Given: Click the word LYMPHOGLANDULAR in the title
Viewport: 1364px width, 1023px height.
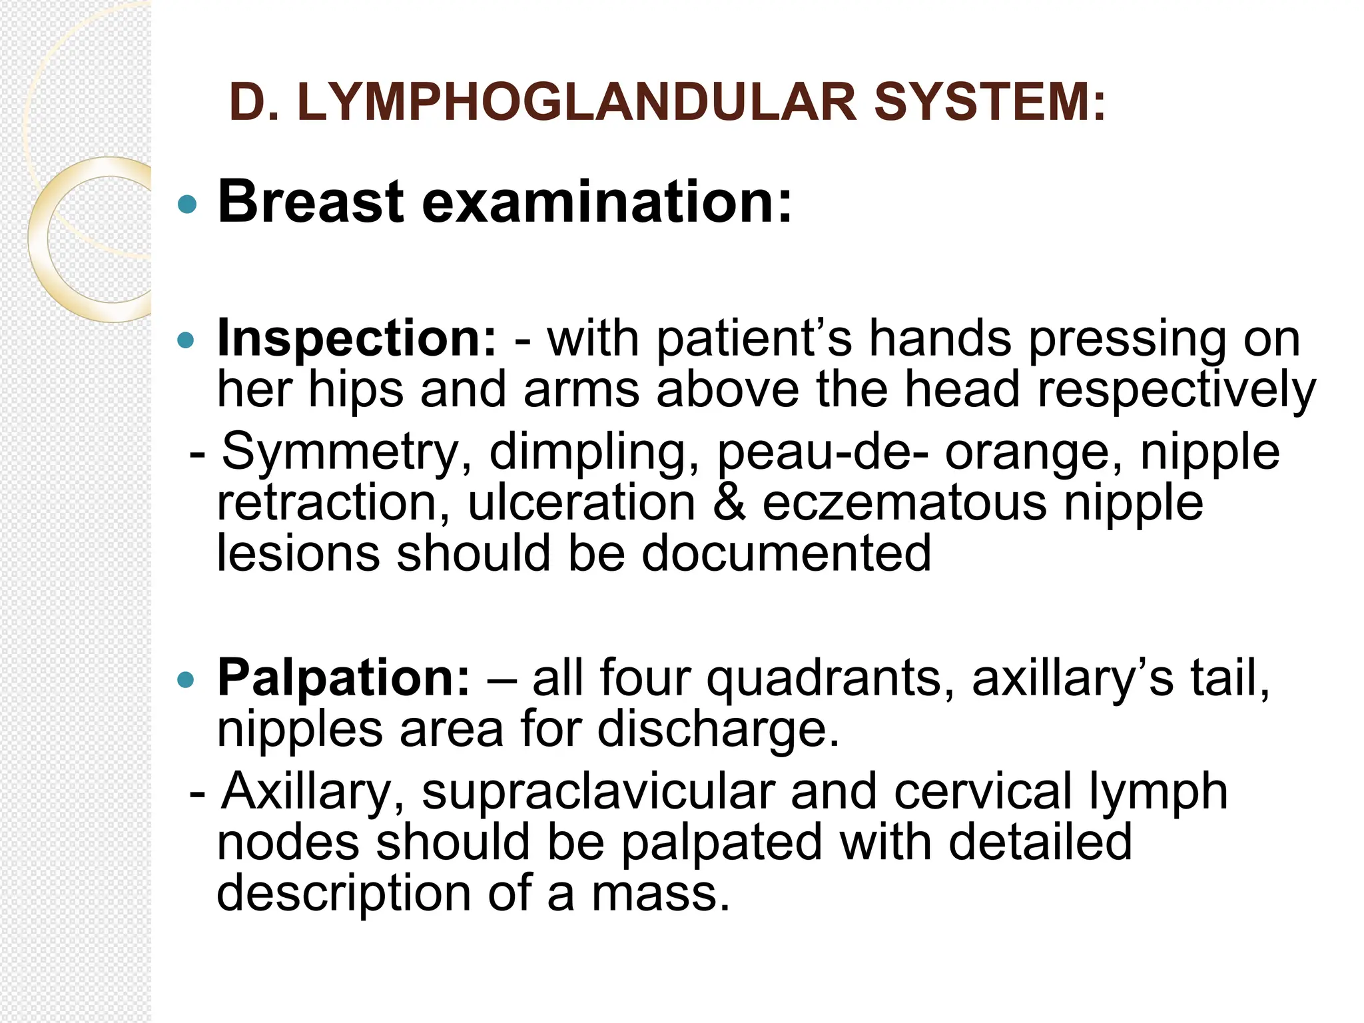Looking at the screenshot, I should pyautogui.click(x=577, y=103).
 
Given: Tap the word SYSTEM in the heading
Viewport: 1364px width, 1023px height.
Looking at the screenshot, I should pyautogui.click(x=990, y=103).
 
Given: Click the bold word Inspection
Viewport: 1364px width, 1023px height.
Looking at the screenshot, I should pyautogui.click(x=357, y=338).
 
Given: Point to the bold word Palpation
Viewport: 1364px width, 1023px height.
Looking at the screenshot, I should pyautogui.click(x=344, y=678).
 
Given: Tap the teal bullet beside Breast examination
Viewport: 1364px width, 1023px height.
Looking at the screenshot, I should pyautogui.click(x=188, y=204).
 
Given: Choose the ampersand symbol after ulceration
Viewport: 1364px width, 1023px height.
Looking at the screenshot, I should pyautogui.click(x=729, y=502).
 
